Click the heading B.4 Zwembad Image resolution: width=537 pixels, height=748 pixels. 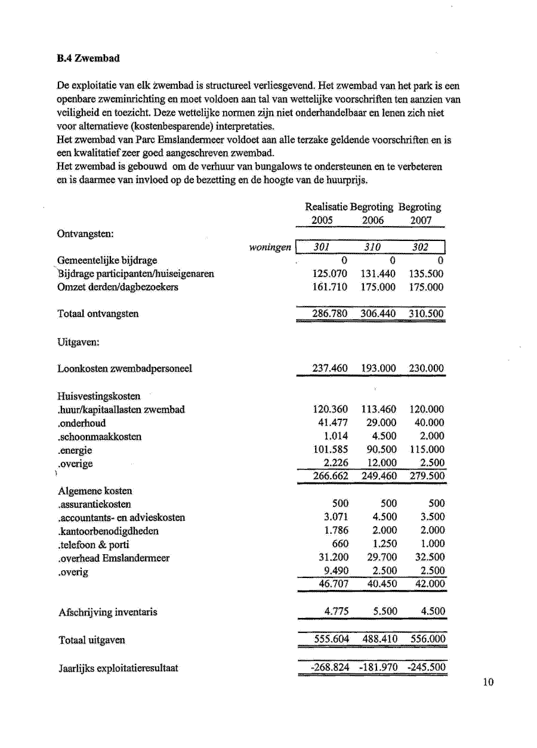[x=88, y=58]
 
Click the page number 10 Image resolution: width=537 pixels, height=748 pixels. [x=489, y=683]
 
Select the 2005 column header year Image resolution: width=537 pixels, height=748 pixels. [x=322, y=220]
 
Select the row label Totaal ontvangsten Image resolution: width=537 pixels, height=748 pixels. [x=98, y=314]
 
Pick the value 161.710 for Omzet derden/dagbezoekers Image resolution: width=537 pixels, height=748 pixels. [x=330, y=287]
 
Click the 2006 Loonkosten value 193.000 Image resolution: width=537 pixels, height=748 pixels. [x=378, y=369]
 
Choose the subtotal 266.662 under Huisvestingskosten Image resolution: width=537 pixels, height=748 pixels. [x=331, y=476]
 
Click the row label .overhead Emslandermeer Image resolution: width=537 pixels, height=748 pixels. [x=113, y=558]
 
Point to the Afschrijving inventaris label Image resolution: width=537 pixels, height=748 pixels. [x=108, y=612]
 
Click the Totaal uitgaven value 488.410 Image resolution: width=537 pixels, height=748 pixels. [x=379, y=639]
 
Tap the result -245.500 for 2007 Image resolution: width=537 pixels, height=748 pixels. [x=426, y=667]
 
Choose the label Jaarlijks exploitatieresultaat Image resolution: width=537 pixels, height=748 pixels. [x=118, y=668]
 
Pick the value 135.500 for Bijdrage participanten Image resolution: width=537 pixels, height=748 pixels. [x=426, y=274]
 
